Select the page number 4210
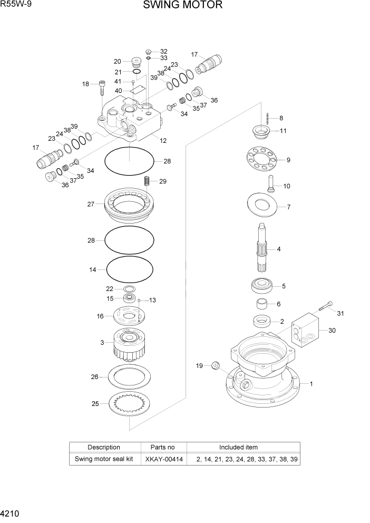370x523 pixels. click(x=11, y=513)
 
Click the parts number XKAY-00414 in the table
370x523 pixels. click(x=164, y=459)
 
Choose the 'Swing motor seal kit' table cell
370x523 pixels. click(x=103, y=459)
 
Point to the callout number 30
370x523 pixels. click(x=332, y=331)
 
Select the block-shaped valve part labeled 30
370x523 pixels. click(x=305, y=333)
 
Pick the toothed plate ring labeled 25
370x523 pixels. click(x=130, y=404)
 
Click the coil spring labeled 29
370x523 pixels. click(x=148, y=181)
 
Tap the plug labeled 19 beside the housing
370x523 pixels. click(x=215, y=365)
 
